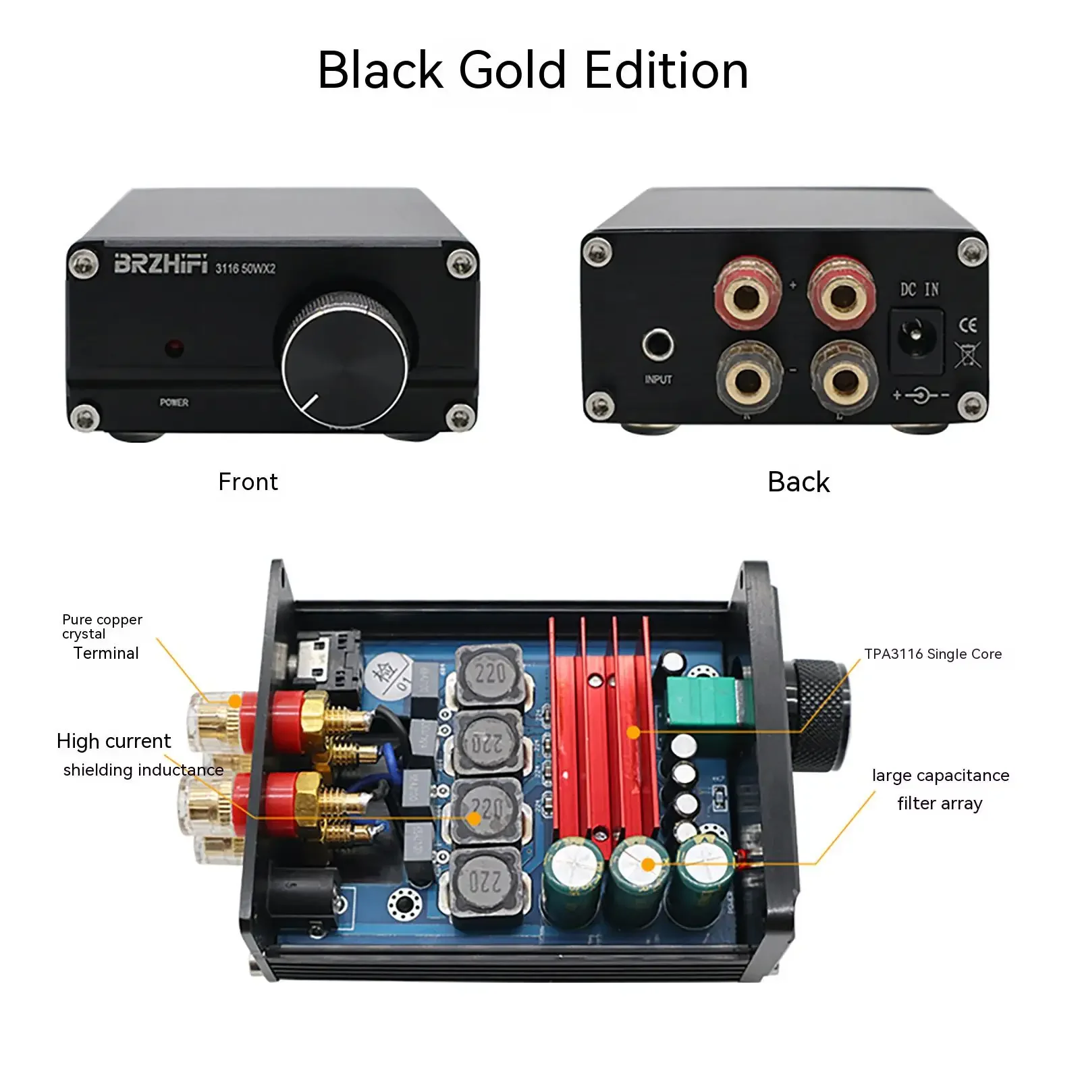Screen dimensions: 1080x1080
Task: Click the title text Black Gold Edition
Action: pos(533,70)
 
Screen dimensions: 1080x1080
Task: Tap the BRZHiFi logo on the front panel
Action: pos(161,263)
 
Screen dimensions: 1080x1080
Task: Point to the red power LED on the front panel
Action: pos(175,348)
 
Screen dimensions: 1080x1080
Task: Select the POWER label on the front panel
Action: pos(174,402)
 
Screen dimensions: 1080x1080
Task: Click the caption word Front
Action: pos(248,482)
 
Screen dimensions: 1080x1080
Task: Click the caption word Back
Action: pos(799,482)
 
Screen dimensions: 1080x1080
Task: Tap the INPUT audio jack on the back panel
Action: pos(657,345)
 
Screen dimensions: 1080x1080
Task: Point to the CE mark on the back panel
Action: pos(968,325)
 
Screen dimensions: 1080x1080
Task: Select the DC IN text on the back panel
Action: pos(919,290)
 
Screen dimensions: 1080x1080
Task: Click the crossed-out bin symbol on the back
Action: pos(967,354)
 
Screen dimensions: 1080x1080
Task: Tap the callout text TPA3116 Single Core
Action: pos(933,654)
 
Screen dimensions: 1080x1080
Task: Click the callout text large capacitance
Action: pos(940,776)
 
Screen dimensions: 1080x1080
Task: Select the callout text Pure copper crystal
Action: pos(102,626)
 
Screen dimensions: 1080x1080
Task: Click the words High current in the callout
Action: pos(113,741)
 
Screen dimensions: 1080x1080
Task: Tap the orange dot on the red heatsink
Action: pos(633,732)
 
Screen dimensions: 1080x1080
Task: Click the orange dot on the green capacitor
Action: pos(648,864)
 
